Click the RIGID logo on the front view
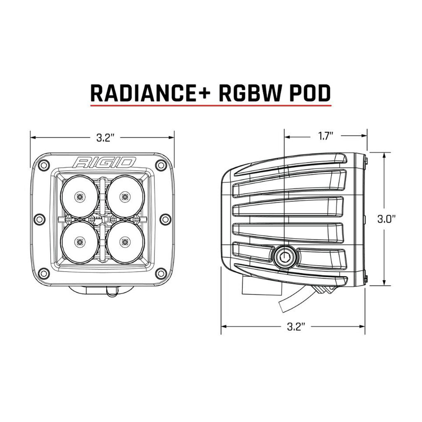(105, 162)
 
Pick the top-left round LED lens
(80, 197)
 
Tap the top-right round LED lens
(124, 197)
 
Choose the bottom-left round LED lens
(80, 242)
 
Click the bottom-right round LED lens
(124, 242)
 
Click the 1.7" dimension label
(326, 136)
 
